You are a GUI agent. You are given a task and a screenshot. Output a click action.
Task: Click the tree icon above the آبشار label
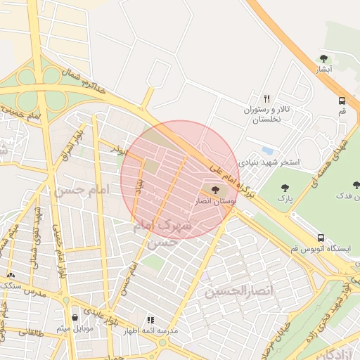pos(323,58)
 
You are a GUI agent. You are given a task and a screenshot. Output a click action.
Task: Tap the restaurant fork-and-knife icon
pos(266,98)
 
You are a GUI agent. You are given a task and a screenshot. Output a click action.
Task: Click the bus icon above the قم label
pos(342,101)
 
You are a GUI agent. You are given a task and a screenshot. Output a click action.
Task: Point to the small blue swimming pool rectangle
pos(267,150)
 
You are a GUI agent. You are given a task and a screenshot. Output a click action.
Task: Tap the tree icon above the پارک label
pos(284,188)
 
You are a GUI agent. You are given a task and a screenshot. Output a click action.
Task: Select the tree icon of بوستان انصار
pos(215,189)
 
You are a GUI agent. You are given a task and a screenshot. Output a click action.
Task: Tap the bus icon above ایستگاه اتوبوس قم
pos(321,238)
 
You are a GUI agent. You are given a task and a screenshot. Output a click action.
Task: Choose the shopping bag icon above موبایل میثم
pos(75,317)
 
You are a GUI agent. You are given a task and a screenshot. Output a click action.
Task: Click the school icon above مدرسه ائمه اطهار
pos(150,319)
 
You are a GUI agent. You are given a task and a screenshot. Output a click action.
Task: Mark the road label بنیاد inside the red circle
pos(139,186)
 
